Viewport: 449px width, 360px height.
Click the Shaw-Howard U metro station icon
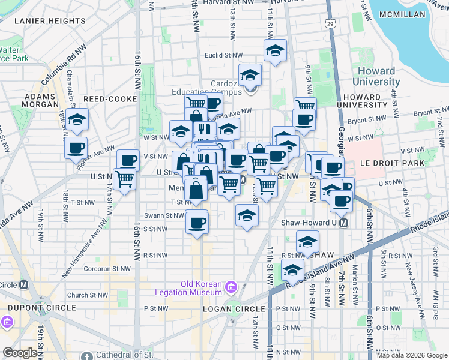point(344,223)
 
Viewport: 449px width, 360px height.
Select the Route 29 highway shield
point(330,23)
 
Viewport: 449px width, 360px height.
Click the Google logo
point(19,353)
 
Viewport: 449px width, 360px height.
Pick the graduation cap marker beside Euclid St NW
point(275,52)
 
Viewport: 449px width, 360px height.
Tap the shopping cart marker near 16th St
point(125,179)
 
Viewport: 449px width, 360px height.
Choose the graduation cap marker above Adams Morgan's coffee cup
point(77,119)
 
